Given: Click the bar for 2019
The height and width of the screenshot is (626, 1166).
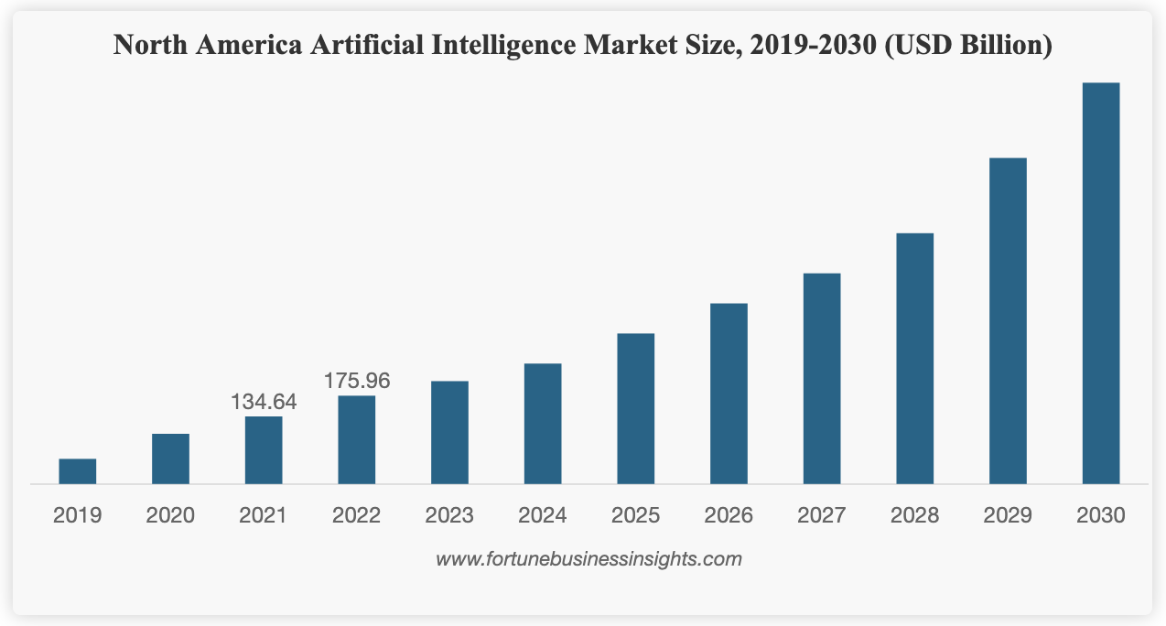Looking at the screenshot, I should (x=78, y=471).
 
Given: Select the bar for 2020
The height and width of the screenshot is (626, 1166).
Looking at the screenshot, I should (x=170, y=459).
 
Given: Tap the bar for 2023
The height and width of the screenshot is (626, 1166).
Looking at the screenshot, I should (x=449, y=432).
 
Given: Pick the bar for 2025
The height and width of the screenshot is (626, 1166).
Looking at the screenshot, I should (x=635, y=408).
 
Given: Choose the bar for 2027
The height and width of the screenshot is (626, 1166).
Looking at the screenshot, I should (x=822, y=378).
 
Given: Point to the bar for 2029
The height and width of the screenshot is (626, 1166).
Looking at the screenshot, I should (x=1008, y=320).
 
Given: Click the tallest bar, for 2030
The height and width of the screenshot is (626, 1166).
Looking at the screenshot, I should (x=1101, y=283).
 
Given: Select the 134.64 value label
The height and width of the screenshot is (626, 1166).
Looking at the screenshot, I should (x=264, y=402).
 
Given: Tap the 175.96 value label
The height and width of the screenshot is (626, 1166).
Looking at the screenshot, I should (x=357, y=381).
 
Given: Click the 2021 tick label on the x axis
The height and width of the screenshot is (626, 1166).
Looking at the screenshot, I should (x=264, y=516).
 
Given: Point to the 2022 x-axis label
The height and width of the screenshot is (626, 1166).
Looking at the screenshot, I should (x=357, y=516).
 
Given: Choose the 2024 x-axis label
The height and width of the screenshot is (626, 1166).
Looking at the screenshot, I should (x=543, y=516).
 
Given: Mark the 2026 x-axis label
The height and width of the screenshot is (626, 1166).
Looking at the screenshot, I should (x=729, y=516).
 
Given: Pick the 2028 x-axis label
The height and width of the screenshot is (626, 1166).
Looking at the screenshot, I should (x=914, y=516).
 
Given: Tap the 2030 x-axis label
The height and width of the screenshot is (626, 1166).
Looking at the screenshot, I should (x=1101, y=516).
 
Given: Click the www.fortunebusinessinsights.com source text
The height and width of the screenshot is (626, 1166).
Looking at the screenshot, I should (x=588, y=558).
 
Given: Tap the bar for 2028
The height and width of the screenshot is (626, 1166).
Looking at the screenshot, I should (x=914, y=358).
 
